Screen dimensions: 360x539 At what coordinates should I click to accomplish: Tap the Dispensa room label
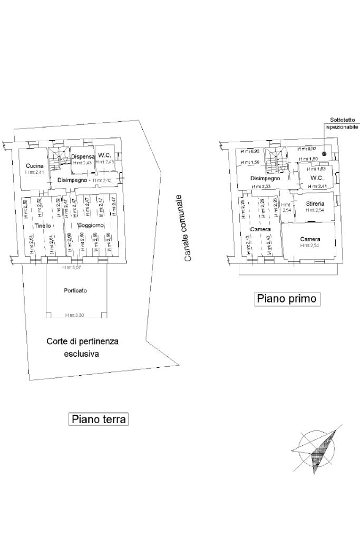[82, 156]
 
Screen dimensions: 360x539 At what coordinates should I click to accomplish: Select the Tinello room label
[43, 226]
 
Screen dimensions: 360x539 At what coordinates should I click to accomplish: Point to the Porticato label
[75, 290]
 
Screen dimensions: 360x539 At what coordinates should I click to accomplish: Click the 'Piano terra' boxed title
[99, 419]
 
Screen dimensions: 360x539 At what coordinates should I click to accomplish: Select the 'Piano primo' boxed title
[287, 299]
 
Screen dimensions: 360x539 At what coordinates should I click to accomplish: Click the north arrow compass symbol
[318, 448]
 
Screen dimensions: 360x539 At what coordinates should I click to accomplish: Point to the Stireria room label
[315, 203]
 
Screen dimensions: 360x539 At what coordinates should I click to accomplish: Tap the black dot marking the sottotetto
[324, 154]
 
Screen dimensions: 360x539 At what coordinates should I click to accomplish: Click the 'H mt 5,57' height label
[71, 268]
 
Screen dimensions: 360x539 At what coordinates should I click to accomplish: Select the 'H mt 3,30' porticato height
[74, 315]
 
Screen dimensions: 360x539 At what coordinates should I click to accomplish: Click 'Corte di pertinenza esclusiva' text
[82, 348]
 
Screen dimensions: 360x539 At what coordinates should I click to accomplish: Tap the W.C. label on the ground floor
[104, 155]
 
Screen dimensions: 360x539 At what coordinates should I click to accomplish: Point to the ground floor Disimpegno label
[72, 180]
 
